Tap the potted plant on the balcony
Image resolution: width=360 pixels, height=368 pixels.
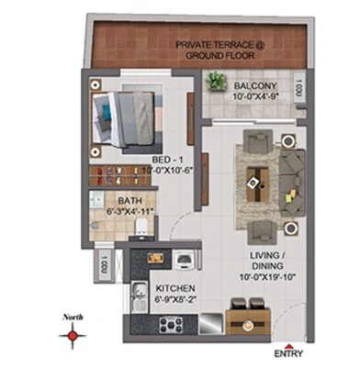(x=217, y=81)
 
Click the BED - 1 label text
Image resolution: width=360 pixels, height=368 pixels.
(x=167, y=158)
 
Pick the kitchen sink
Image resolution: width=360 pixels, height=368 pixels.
(x=138, y=296)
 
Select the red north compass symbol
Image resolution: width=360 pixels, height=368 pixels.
(x=71, y=336)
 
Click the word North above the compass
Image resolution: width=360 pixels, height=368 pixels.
(x=72, y=318)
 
